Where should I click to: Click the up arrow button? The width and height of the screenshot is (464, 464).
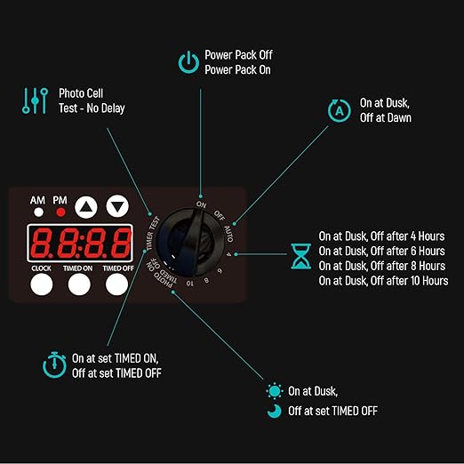pos(86,207)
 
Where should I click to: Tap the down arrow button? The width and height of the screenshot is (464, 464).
pos(117,206)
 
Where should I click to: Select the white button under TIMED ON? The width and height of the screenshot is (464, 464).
pos(79,284)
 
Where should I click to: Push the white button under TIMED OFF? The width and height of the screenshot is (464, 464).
pos(117,284)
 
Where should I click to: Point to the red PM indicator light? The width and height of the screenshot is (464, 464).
pos(60,212)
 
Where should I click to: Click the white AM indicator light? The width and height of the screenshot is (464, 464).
pos(38,212)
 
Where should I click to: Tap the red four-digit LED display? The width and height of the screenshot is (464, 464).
pos(80,243)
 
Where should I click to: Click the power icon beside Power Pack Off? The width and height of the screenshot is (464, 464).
pos(188,62)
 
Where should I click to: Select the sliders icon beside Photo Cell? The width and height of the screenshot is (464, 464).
pos(35,100)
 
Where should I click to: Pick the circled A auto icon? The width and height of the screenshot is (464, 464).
pos(340,111)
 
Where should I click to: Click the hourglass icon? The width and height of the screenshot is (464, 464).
pos(301,256)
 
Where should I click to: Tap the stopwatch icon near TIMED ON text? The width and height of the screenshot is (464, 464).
pos(54,364)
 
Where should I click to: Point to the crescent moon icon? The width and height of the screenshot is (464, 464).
pos(275,412)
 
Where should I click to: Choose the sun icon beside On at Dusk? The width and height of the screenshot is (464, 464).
pos(275,391)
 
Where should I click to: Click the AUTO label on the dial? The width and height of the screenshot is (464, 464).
pos(228,234)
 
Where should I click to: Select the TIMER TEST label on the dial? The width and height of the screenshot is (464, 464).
pos(153,234)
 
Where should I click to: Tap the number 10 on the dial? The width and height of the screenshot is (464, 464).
pos(190,284)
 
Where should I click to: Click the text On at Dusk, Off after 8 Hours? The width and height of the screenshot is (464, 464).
pos(382,266)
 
